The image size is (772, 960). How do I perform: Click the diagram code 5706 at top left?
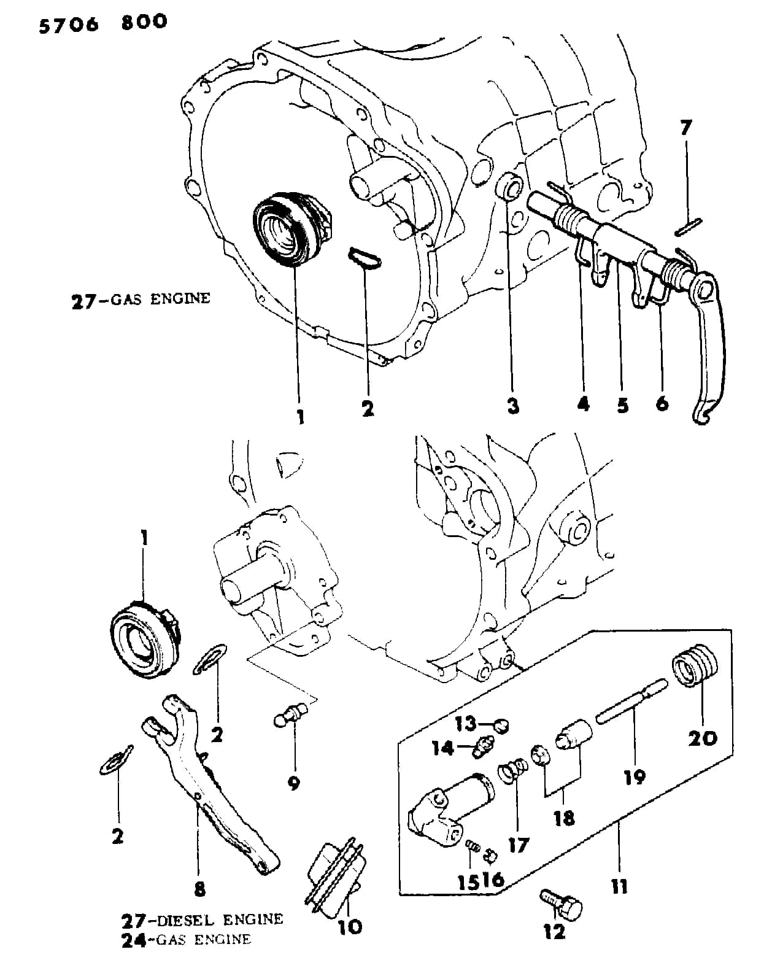[x=69, y=25]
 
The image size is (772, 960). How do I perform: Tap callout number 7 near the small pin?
[x=686, y=128]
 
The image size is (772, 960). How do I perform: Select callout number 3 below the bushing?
[x=513, y=406]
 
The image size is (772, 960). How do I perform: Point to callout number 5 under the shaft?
[x=623, y=405]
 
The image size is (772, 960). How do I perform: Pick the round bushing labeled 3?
[x=510, y=187]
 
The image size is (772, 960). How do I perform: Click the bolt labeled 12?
[x=561, y=904]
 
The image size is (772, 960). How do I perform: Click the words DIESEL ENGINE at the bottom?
[x=220, y=920]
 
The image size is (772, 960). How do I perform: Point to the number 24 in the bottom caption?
[x=134, y=940]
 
